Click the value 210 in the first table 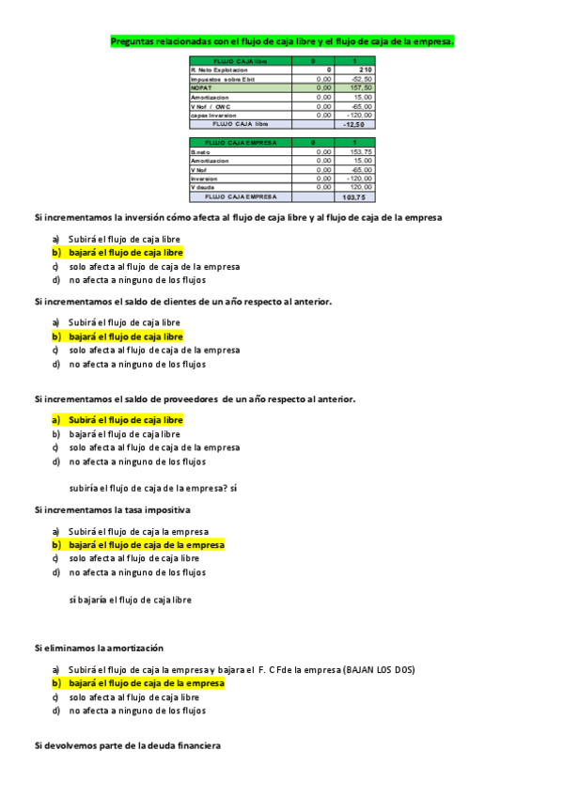pos(365,70)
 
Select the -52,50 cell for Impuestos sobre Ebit pos(361,79)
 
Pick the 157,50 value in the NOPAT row pos(361,87)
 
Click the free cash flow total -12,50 pos(356,123)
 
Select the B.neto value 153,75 pos(361,151)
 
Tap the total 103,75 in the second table pos(355,196)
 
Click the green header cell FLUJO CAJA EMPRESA pos(240,143)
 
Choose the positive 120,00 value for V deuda pos(361,187)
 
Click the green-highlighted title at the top pos(282,41)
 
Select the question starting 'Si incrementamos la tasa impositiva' pos(112,509)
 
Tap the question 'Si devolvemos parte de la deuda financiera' pos(127,745)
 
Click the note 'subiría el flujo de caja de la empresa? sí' pos(153,489)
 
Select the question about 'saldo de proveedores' pos(194,399)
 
